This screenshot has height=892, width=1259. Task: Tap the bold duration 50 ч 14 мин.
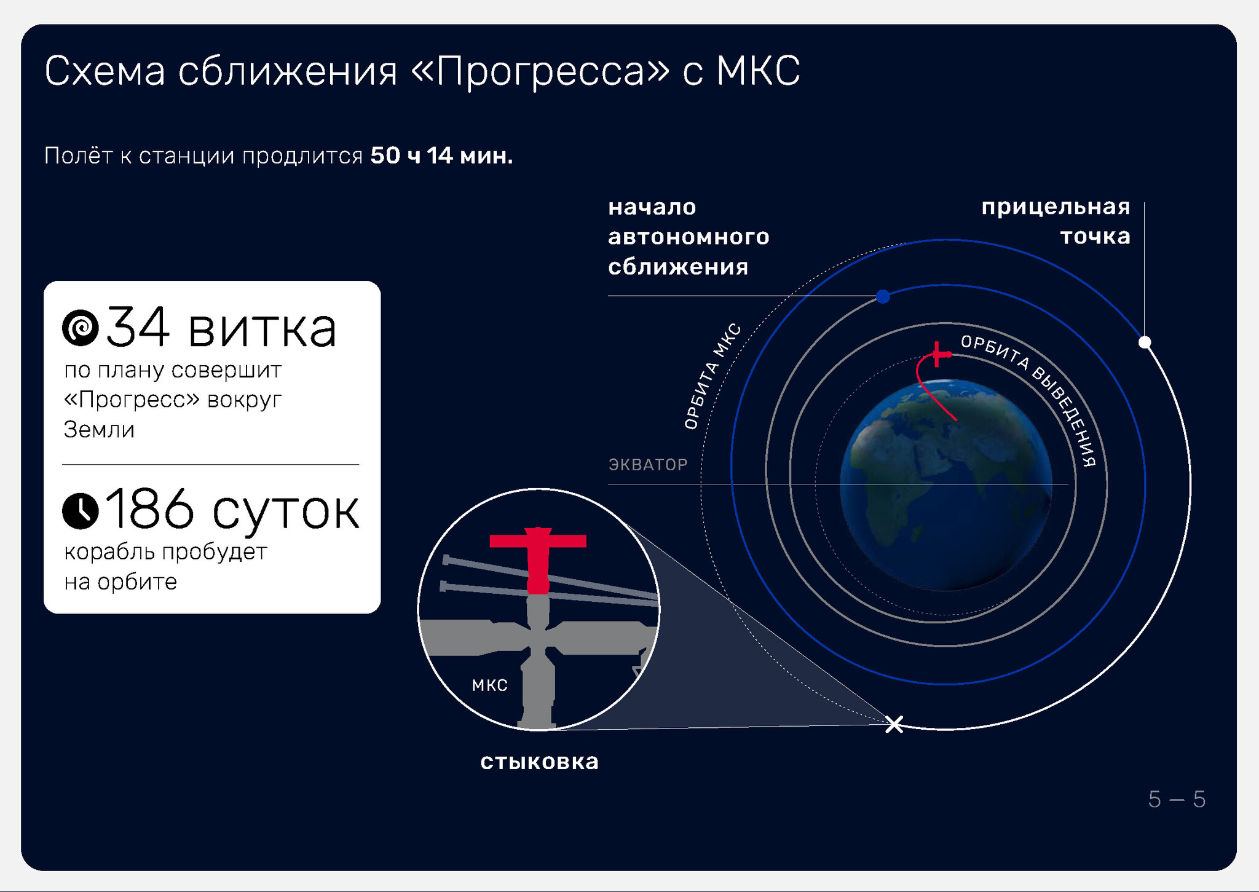441,156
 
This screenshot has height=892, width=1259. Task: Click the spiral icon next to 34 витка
81,328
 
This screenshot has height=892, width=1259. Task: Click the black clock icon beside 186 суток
81,511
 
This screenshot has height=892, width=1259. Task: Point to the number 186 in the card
149,508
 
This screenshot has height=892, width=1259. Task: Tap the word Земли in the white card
99,430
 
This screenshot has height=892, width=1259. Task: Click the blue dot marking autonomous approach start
883,297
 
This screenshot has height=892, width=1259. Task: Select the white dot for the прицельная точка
1145,342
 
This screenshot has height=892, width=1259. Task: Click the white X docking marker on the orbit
894,724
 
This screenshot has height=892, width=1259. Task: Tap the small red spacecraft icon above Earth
938,354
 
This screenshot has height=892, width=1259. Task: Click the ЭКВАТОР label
648,465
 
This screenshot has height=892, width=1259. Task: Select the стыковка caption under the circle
539,762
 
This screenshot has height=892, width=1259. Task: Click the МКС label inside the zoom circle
490,685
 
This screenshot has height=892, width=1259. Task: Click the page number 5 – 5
1177,799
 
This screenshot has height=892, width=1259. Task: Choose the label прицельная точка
1056,221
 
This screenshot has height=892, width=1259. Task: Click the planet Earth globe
945,485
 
